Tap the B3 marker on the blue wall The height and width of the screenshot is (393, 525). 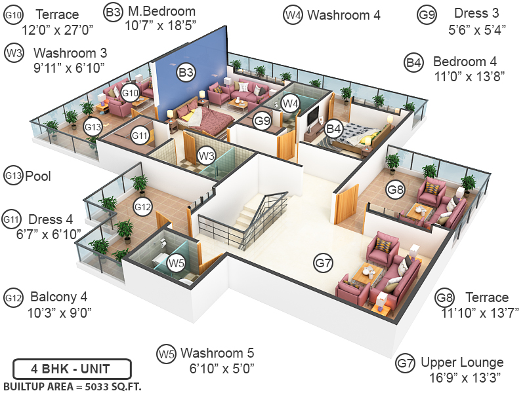tap(186, 72)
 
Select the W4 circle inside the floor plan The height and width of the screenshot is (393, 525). tap(291, 102)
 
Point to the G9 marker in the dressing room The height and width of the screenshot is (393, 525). tap(262, 121)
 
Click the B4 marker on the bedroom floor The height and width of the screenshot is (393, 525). tap(334, 128)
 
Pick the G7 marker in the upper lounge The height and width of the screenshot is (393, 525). tap(324, 263)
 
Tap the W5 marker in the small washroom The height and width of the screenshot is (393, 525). tap(175, 263)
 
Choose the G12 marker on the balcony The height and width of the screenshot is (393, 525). tap(143, 207)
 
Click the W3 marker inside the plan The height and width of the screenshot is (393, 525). tap(207, 155)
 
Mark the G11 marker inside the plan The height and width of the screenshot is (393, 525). tap(140, 136)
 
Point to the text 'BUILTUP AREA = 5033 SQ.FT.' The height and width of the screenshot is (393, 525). tap(72, 384)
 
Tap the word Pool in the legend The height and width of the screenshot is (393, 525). tap(38, 176)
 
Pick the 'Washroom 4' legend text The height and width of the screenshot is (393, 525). tap(344, 14)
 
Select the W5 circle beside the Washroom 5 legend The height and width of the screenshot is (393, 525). tap(166, 354)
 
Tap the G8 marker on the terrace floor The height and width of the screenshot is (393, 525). tap(395, 190)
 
